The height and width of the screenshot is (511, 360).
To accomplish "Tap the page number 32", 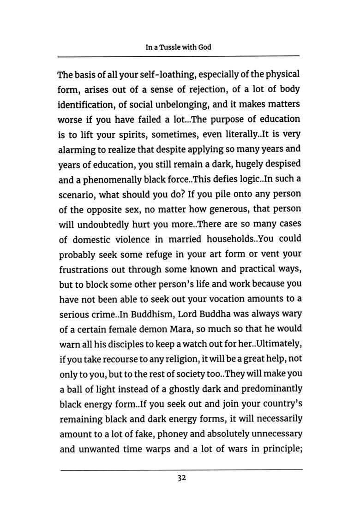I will point(181,478).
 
